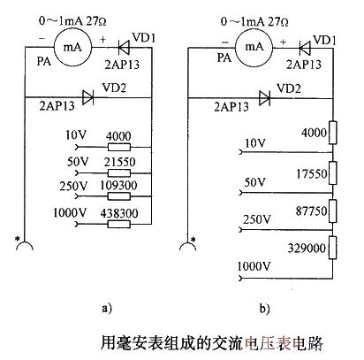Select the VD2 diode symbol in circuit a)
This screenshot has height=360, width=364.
point(88,96)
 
